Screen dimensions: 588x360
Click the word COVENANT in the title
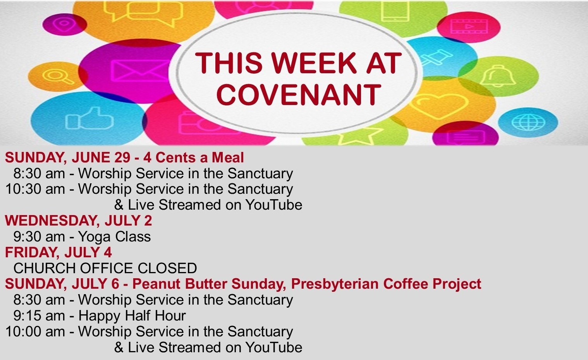(x=299, y=95)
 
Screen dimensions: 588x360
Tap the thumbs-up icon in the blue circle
(x=89, y=118)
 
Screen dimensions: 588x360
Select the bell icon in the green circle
(x=498, y=76)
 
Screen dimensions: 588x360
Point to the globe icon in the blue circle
(x=528, y=122)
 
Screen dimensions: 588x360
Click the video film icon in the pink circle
(x=469, y=26)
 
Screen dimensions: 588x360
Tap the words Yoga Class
(x=114, y=237)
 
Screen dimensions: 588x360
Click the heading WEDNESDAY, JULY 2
(x=79, y=220)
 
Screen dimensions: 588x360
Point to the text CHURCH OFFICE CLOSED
(x=105, y=268)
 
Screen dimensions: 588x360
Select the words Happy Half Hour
(x=132, y=315)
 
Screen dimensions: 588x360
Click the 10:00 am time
(x=35, y=331)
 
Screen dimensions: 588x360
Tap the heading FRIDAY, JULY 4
(x=58, y=252)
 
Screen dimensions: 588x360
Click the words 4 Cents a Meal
(x=193, y=158)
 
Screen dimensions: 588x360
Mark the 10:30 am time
(x=35, y=189)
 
